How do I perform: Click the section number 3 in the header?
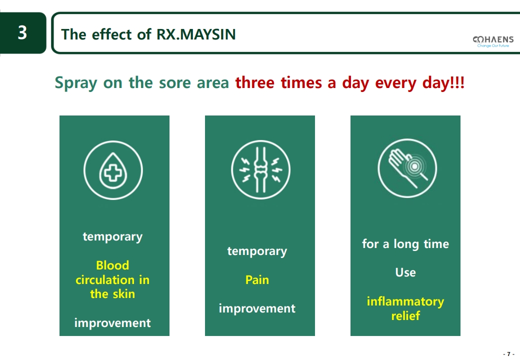(x=22, y=33)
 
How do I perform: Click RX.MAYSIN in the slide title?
(x=196, y=34)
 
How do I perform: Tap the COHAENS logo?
(x=493, y=41)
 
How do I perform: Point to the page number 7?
(x=508, y=354)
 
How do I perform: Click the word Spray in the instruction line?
(x=76, y=83)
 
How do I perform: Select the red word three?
(x=255, y=82)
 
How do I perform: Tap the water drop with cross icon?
(x=113, y=170)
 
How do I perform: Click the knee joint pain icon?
(x=260, y=169)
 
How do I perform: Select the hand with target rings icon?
(x=407, y=168)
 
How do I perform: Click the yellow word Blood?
(x=112, y=265)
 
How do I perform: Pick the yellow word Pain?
(x=257, y=280)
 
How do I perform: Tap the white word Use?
(x=405, y=272)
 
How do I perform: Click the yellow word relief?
(x=405, y=315)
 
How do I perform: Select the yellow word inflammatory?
(x=405, y=301)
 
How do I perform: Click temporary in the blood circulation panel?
(x=112, y=237)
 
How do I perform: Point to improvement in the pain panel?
(x=257, y=308)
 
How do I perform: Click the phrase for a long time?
(x=405, y=244)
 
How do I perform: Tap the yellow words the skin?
(x=112, y=294)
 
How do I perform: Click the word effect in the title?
(x=112, y=34)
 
